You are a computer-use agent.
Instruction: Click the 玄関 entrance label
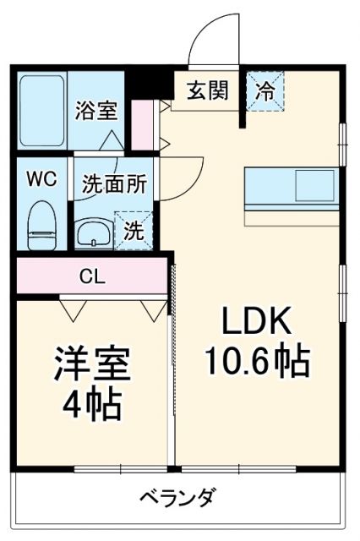click(208, 90)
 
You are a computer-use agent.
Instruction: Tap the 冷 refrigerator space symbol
click(265, 90)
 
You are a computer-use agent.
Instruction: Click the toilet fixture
click(40, 222)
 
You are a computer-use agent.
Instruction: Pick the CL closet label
click(92, 277)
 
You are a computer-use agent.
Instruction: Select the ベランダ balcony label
click(177, 496)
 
